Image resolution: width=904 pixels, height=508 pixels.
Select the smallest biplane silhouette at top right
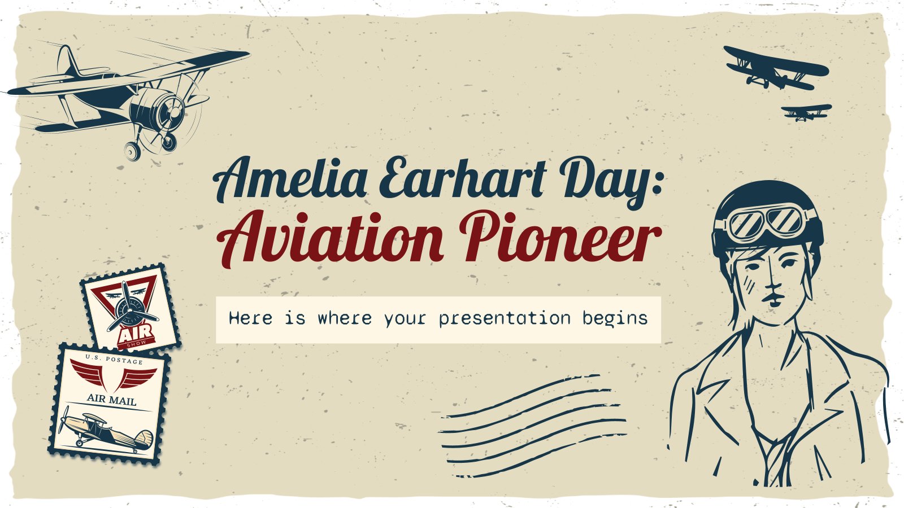[806, 112]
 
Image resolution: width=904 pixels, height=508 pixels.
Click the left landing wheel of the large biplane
[132, 150]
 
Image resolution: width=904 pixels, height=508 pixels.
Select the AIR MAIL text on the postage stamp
[111, 400]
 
